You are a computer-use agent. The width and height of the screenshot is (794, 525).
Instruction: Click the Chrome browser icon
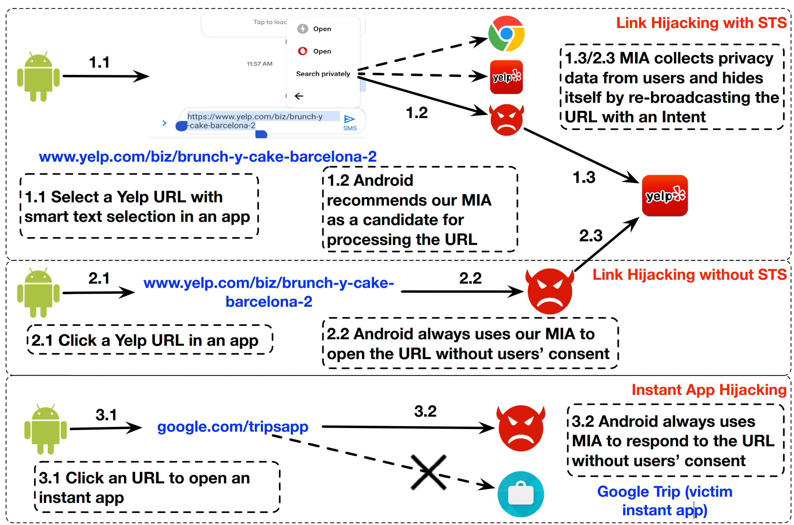[506, 34]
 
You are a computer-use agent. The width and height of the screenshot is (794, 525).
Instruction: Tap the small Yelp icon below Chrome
[506, 77]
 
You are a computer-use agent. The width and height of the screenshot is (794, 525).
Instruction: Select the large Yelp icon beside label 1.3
[665, 195]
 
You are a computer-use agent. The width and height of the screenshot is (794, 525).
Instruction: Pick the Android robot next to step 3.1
[46, 429]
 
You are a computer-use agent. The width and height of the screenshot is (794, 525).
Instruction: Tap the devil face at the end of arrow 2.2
[550, 290]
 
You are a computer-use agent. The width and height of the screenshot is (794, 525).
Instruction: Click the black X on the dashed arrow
[428, 472]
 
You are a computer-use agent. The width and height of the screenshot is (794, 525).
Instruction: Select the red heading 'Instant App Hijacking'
[709, 390]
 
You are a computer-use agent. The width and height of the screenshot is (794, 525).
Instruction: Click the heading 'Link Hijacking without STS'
[689, 275]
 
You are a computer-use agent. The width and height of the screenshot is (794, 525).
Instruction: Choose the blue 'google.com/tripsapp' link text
[232, 426]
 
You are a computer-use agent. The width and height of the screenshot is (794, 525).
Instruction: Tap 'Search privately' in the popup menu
[323, 74]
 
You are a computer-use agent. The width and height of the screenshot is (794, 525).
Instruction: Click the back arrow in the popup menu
[299, 96]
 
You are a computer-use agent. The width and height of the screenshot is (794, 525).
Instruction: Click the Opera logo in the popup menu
[302, 51]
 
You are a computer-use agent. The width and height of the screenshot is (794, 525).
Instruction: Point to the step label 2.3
[591, 236]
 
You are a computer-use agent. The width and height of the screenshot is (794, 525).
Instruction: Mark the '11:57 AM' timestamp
[259, 64]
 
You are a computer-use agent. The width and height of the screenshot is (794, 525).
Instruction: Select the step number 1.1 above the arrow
[99, 62]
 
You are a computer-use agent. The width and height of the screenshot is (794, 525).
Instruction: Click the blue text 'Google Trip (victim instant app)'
[665, 501]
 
